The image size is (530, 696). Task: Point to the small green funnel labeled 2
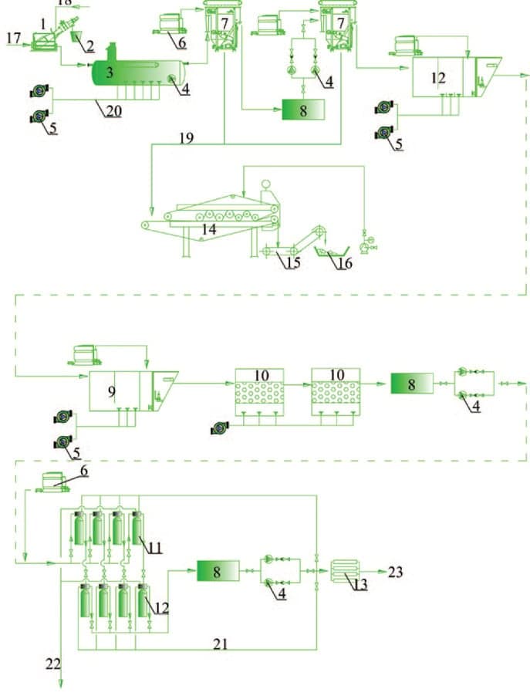(x=77, y=36)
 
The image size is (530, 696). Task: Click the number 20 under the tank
(x=113, y=111)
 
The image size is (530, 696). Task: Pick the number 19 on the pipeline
(x=186, y=139)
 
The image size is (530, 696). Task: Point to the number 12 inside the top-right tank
(x=438, y=77)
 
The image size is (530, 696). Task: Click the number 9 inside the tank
(x=112, y=392)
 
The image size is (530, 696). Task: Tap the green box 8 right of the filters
(x=410, y=383)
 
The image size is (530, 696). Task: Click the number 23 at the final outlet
(x=395, y=572)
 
